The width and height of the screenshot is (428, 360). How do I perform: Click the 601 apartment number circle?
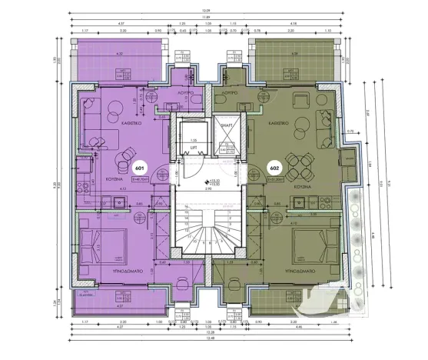click(139, 167)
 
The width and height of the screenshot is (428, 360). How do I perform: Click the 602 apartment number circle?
click(274, 167)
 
